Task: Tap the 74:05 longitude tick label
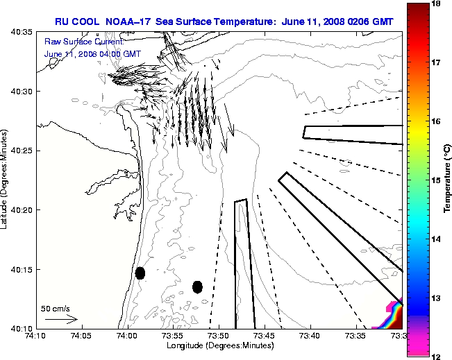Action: pos(81,336)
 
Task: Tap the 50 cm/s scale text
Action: pos(56,308)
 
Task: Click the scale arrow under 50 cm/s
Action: pos(60,319)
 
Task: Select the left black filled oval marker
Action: pos(140,273)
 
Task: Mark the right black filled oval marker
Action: pos(197,286)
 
